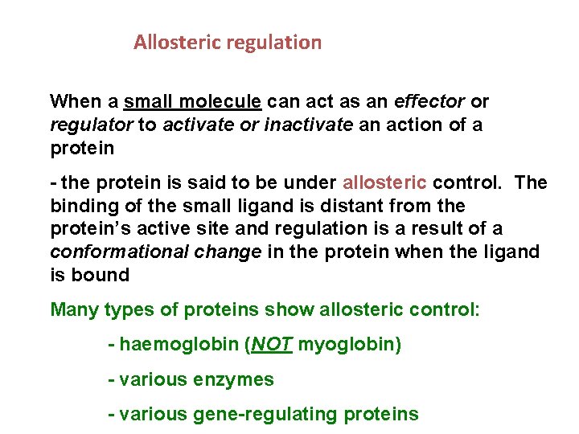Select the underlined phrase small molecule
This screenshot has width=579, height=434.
(x=193, y=102)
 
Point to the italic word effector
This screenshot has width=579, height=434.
(x=429, y=102)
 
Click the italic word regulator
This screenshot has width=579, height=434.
(x=91, y=125)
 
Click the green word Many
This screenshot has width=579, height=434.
(x=73, y=309)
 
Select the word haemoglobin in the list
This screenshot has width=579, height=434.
(x=177, y=345)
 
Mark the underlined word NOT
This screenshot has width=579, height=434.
(x=272, y=345)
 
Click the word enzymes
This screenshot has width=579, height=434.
(x=234, y=379)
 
